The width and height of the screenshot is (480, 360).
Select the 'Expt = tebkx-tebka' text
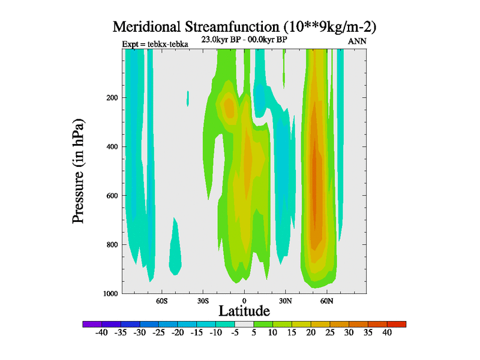(155, 44)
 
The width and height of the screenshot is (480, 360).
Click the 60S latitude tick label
(161, 300)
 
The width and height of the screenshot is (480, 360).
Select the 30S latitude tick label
(203, 300)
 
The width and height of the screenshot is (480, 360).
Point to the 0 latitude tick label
(244, 300)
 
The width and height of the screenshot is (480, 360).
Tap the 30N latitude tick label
(286, 300)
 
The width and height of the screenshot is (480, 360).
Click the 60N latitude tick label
(327, 300)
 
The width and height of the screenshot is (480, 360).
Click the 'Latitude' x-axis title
(244, 311)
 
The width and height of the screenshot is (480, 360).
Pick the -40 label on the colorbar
(101, 332)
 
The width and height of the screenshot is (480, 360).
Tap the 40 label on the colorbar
(387, 332)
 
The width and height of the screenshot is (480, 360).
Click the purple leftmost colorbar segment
(92, 324)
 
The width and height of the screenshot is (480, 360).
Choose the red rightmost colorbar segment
(397, 324)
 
